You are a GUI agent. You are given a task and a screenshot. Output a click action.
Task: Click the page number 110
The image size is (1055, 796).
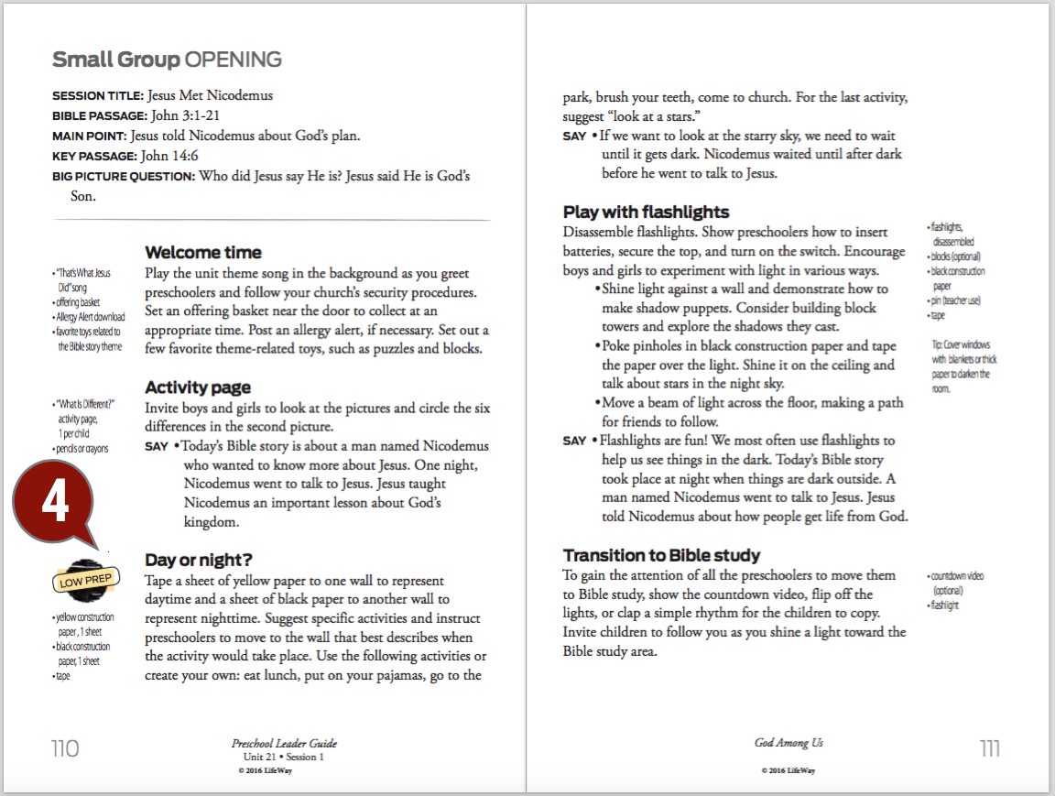(65, 748)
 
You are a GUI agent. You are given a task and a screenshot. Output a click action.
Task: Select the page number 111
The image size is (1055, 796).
(989, 748)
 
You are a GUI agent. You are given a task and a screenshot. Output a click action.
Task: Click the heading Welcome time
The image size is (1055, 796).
(203, 253)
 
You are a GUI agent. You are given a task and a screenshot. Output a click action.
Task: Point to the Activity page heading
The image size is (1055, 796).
(198, 387)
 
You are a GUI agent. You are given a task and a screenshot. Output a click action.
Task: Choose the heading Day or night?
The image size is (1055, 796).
(199, 560)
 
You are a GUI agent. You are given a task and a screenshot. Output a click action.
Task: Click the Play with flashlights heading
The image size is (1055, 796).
(647, 213)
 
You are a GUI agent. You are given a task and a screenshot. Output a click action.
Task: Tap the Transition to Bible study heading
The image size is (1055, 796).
(662, 555)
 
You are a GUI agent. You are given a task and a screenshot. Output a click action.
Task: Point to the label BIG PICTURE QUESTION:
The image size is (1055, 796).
(124, 177)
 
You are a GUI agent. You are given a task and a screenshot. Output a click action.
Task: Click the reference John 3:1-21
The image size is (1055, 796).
(186, 116)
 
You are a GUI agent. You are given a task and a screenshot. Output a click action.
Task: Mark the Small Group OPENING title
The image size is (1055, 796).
(167, 60)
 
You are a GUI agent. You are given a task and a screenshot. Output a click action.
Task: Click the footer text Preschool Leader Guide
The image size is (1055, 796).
(284, 744)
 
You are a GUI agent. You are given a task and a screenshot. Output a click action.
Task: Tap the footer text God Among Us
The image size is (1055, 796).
(782, 743)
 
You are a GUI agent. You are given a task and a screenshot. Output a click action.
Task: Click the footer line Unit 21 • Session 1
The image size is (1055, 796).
(283, 758)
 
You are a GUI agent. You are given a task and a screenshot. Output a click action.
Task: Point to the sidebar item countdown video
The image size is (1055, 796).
(958, 576)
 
